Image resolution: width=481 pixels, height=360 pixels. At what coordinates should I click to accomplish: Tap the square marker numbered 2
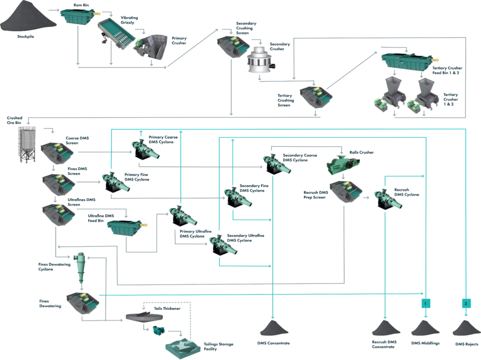466,303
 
